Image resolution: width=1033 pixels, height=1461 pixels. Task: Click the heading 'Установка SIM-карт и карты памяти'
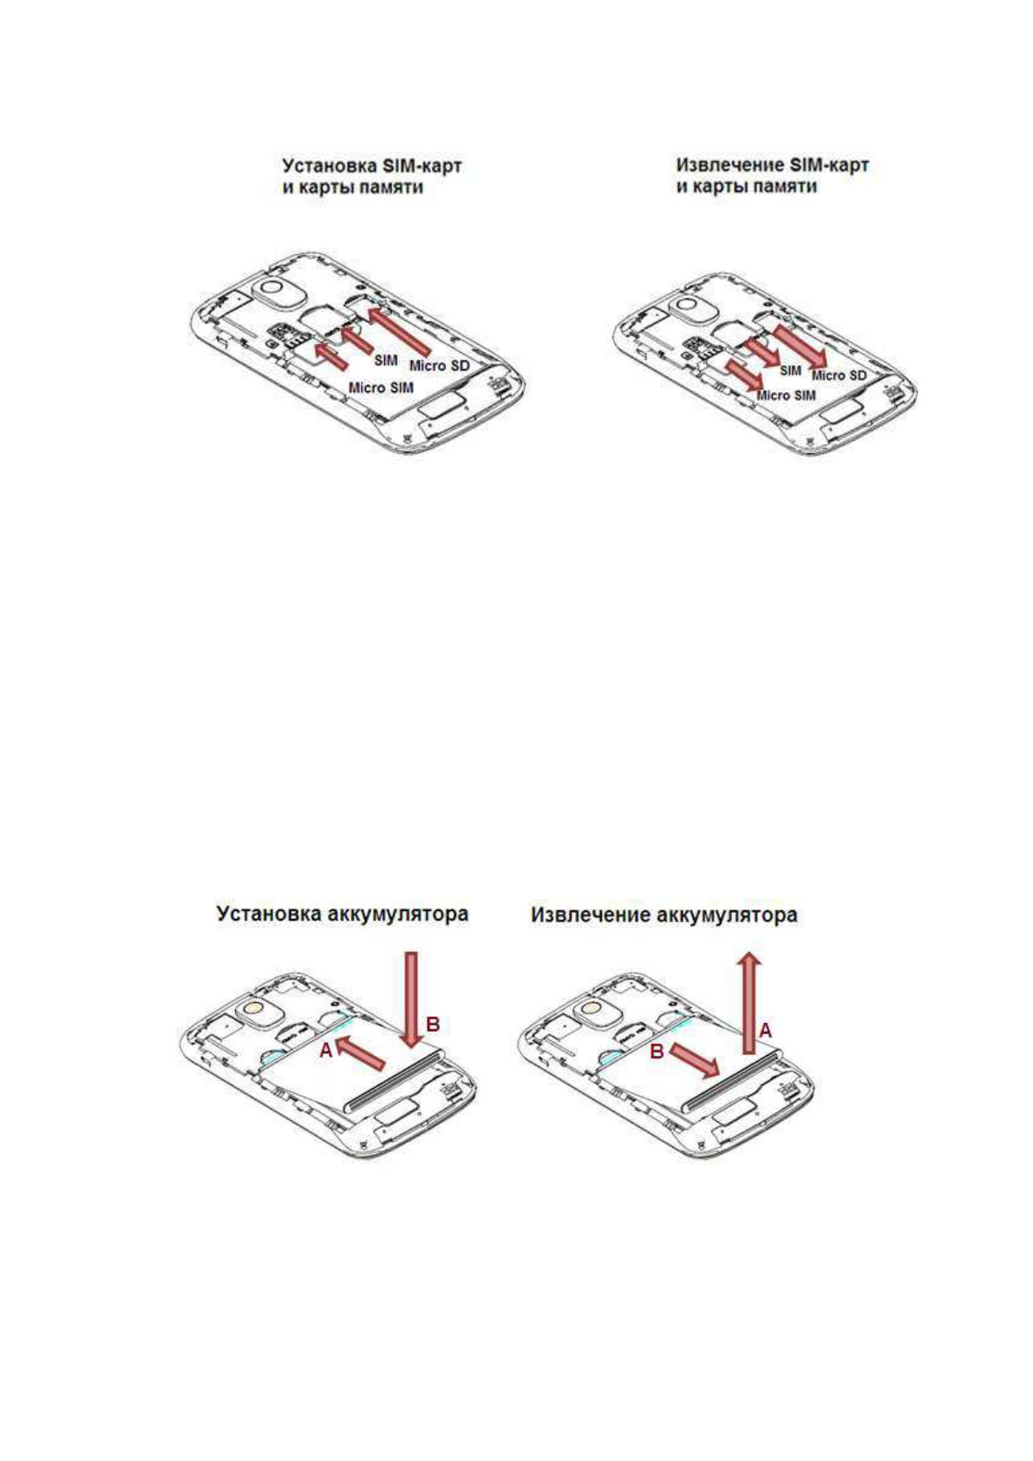pos(370,176)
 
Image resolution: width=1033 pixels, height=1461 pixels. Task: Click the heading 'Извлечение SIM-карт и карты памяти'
pos(772,176)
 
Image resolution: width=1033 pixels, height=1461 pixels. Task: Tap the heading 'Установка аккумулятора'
pos(342,914)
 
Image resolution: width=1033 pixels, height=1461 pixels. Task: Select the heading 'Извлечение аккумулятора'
pos(664,914)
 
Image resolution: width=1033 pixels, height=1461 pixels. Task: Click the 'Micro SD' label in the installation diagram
pos(439,365)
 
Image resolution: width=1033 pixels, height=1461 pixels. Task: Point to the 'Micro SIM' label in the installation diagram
pos(381,387)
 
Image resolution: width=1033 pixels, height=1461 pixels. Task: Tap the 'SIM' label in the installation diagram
pos(385,358)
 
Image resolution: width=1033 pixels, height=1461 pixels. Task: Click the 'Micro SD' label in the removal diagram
pos(839,375)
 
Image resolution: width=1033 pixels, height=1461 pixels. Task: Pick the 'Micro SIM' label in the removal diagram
pos(786,395)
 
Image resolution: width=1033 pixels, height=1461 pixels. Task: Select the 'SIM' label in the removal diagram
pos(790,370)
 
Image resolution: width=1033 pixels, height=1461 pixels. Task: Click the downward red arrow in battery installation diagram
pos(412,998)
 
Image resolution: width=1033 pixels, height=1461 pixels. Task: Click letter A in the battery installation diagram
pos(324,1050)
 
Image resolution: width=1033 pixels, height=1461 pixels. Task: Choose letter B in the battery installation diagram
pos(433,1025)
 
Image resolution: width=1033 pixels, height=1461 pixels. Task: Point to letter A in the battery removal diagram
pos(766,1031)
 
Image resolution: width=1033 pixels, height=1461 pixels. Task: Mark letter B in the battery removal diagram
pos(657,1051)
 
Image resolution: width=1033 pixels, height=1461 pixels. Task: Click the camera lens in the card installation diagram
pos(272,289)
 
